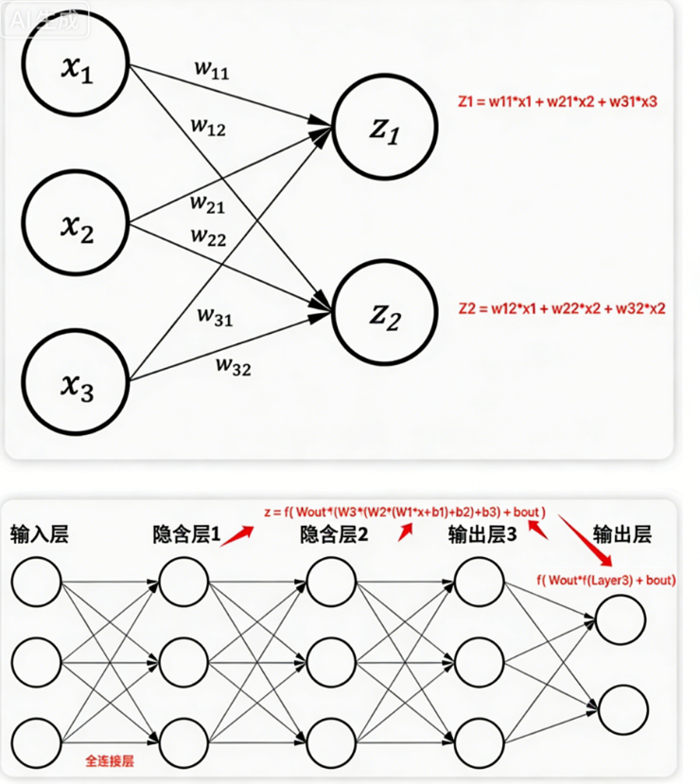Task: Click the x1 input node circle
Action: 77,71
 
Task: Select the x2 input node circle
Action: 77,225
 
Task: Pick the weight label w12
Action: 208,126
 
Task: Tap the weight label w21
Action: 207,202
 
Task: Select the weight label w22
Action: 208,236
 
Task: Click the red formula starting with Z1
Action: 556,100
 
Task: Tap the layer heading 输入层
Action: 40,535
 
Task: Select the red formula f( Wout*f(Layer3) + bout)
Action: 605,579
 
